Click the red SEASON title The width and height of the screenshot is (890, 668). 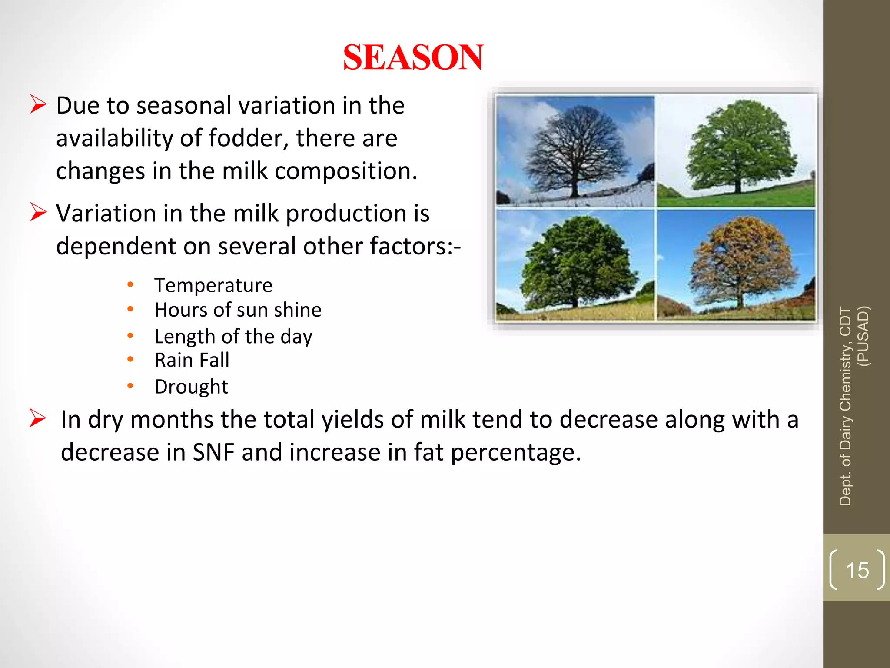pyautogui.click(x=413, y=57)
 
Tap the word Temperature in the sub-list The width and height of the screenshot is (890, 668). pyautogui.click(x=213, y=285)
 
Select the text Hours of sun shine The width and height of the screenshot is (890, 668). pyautogui.click(x=238, y=310)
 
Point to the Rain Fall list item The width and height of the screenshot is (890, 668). pyautogui.click(x=192, y=360)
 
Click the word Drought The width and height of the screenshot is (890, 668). pyautogui.click(x=191, y=387)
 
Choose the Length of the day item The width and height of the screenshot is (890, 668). pyautogui.click(x=233, y=336)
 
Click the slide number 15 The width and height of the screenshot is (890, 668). pyautogui.click(x=857, y=570)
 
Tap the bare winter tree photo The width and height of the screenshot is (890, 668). pyautogui.click(x=575, y=151)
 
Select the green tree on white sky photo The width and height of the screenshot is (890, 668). pyautogui.click(x=736, y=151)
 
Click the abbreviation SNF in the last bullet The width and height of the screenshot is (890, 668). pyautogui.click(x=213, y=452)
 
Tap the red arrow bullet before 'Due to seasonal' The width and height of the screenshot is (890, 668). pyautogui.click(x=38, y=105)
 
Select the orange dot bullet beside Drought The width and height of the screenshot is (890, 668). pyautogui.click(x=130, y=386)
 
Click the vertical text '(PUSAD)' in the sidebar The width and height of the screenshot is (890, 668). pyautogui.click(x=863, y=336)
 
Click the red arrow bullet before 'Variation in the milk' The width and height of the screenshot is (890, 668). pyautogui.click(x=38, y=212)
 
